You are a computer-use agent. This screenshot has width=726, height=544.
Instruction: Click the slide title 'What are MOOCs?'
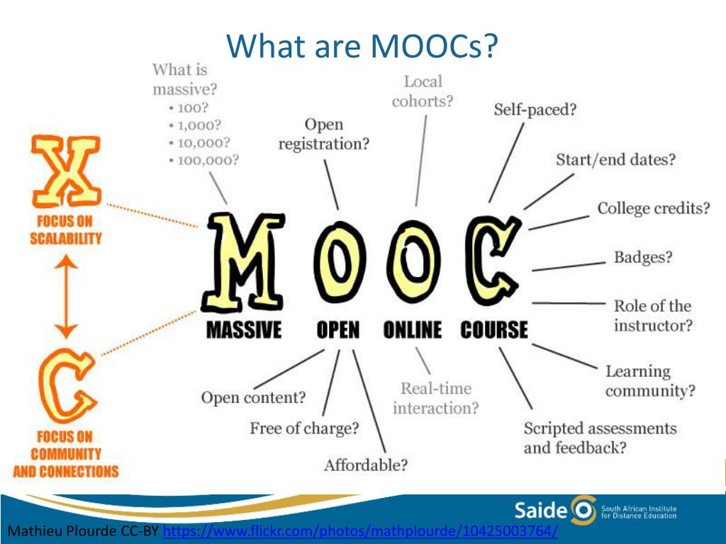pyautogui.click(x=362, y=46)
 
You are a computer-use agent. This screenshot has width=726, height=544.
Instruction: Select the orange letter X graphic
pyautogui.click(x=66, y=171)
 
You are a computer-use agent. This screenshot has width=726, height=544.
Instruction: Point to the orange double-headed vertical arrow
pyautogui.click(x=66, y=297)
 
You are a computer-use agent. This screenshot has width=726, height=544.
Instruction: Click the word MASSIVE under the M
pyautogui.click(x=244, y=330)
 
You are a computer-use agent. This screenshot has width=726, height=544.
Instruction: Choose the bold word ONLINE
pyautogui.click(x=413, y=330)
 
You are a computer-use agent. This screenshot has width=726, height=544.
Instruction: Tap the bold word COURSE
pyautogui.click(x=494, y=330)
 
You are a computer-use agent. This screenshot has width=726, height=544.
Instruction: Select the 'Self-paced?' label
pyautogui.click(x=535, y=110)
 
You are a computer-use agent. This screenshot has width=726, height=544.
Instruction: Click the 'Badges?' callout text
pyautogui.click(x=642, y=257)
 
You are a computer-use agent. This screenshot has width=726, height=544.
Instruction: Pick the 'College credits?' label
pyautogui.click(x=653, y=209)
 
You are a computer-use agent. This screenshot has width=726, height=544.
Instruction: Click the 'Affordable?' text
pyautogui.click(x=366, y=465)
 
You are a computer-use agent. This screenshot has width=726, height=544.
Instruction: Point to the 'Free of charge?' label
pyautogui.click(x=304, y=429)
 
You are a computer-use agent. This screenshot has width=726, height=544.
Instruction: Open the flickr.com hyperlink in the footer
pyautogui.click(x=360, y=531)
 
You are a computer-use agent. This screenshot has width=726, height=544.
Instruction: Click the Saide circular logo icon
pyautogui.click(x=583, y=511)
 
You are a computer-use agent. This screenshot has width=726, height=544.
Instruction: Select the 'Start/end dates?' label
pyautogui.click(x=615, y=160)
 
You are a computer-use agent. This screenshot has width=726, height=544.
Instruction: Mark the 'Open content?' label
pyautogui.click(x=253, y=397)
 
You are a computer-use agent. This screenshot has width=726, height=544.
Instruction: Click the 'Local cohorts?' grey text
pyautogui.click(x=423, y=91)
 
